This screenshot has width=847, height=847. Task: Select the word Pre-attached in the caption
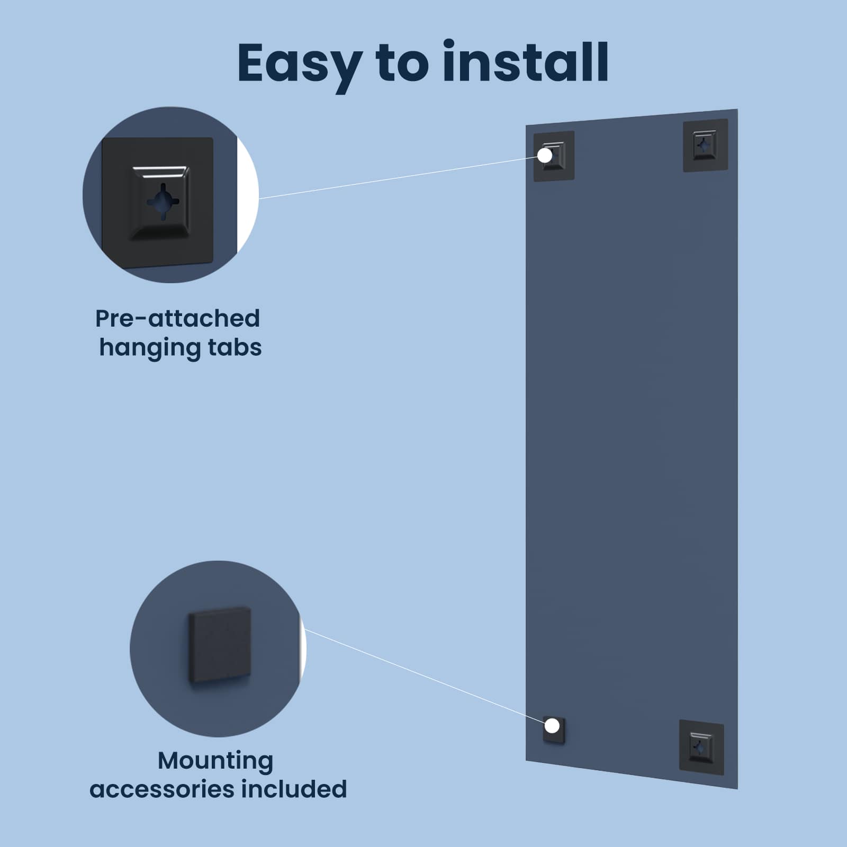coord(178,319)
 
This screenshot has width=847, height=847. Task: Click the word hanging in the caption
coord(150,348)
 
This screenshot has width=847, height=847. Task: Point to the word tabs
coord(235,348)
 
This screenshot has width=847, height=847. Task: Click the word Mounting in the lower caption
coord(215,762)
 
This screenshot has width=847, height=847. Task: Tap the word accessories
coord(161,789)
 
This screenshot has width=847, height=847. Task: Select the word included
coord(294,789)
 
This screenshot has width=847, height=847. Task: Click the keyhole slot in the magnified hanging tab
coord(163,201)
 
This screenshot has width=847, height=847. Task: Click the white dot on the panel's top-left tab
coord(545,155)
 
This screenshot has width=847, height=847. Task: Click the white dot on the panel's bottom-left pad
coord(552,726)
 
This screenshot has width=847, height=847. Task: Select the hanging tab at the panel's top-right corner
coord(705,145)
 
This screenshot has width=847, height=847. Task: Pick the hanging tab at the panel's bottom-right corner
coord(701,747)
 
